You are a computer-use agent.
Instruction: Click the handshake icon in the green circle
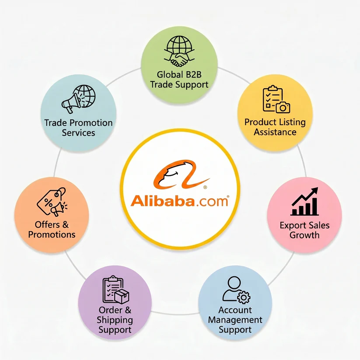click(x=179, y=59)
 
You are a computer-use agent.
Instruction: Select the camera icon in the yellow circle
click(x=283, y=107)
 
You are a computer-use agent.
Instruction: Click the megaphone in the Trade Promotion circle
click(x=71, y=103)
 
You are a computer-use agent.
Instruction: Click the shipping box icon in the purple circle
click(x=122, y=296)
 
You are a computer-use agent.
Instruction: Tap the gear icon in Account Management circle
click(x=244, y=297)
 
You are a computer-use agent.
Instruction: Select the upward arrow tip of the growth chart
click(x=318, y=188)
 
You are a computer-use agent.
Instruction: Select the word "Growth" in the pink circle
click(x=304, y=235)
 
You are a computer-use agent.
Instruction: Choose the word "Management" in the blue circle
click(x=235, y=320)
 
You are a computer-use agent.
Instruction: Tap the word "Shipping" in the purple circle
click(x=115, y=320)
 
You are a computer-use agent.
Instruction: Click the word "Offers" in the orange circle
click(x=47, y=224)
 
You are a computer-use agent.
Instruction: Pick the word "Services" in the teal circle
click(x=79, y=133)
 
